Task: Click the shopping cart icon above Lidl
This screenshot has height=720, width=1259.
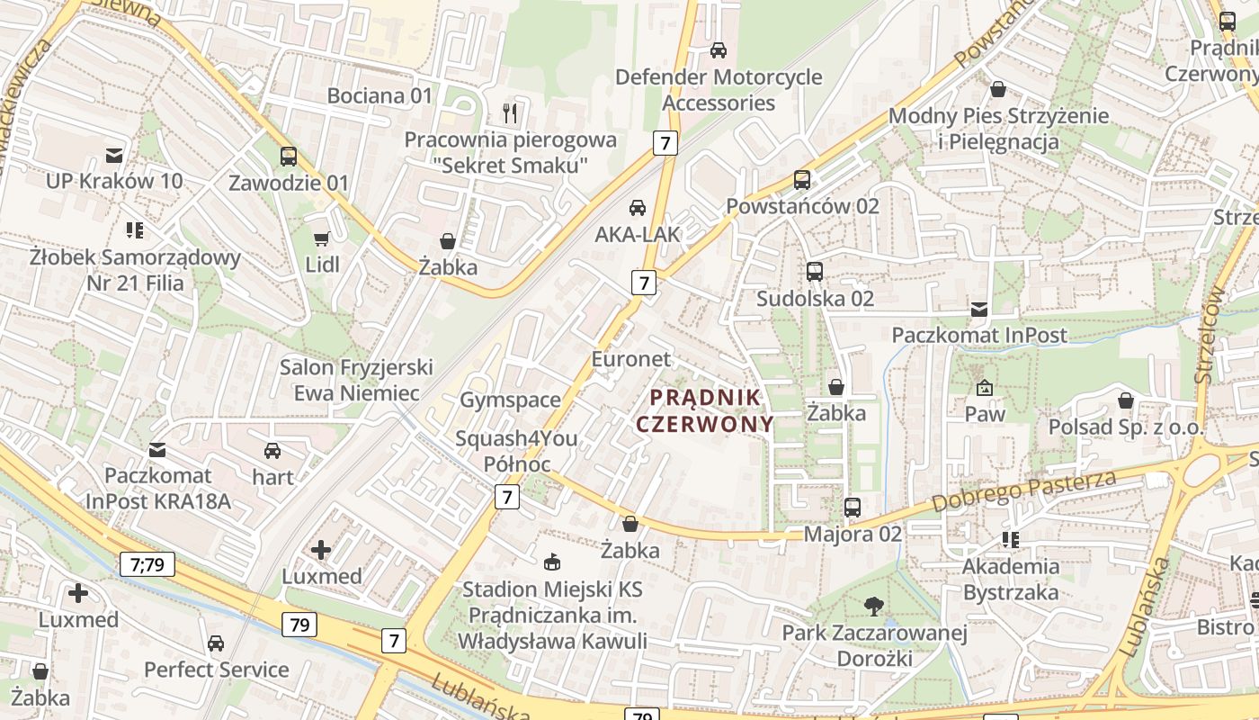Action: pyautogui.click(x=321, y=239)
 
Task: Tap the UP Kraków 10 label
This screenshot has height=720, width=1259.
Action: pyautogui.click(x=114, y=181)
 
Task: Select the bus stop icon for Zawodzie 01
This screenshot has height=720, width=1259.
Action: pyautogui.click(x=289, y=157)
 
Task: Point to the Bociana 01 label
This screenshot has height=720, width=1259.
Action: pyautogui.click(x=379, y=95)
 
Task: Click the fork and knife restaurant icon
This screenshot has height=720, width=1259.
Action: pyautogui.click(x=510, y=113)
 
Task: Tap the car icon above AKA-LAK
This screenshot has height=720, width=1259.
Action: pyautogui.click(x=637, y=208)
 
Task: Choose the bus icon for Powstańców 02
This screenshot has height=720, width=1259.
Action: pyautogui.click(x=802, y=180)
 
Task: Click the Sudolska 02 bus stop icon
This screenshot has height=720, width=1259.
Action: pyautogui.click(x=815, y=272)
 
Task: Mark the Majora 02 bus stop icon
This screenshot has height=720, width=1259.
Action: pyautogui.click(x=853, y=508)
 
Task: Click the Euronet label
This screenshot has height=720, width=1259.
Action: pyautogui.click(x=630, y=359)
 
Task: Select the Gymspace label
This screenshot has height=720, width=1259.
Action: pyautogui.click(x=510, y=400)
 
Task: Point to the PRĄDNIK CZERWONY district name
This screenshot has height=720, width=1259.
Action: pyautogui.click(x=705, y=410)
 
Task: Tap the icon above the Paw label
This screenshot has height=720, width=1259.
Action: pyautogui.click(x=985, y=389)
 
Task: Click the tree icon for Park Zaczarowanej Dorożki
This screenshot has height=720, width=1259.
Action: pyautogui.click(x=873, y=607)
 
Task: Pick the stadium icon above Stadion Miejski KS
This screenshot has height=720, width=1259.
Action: pyautogui.click(x=552, y=562)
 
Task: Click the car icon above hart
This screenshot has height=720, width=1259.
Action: pyautogui.click(x=272, y=451)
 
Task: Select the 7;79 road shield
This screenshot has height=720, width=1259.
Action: pyautogui.click(x=147, y=564)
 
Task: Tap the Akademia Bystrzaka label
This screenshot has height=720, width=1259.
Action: pyautogui.click(x=1011, y=580)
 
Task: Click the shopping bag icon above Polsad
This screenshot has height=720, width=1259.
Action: pyautogui.click(x=1126, y=400)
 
